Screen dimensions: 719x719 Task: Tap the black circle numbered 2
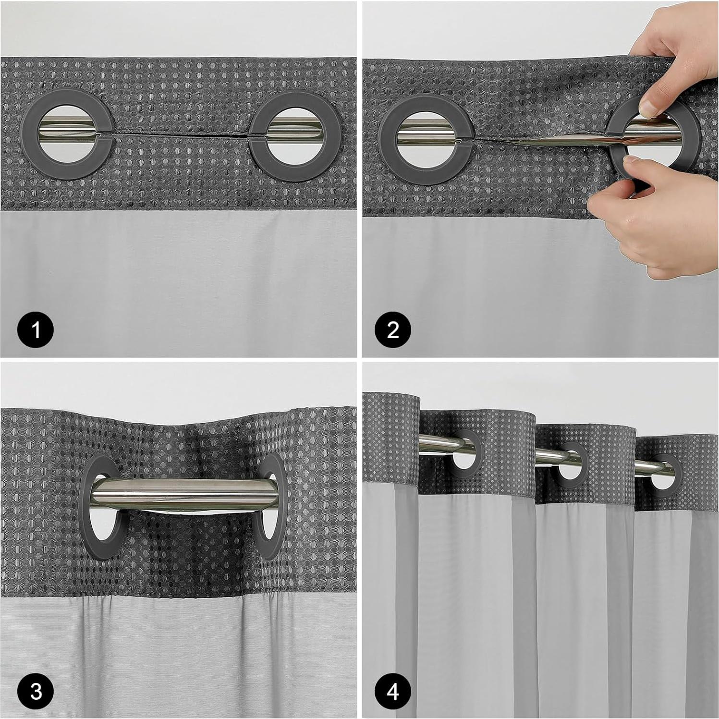click(393, 330)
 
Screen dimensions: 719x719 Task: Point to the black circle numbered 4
click(393, 692)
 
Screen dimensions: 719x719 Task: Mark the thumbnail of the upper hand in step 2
click(651, 107)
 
